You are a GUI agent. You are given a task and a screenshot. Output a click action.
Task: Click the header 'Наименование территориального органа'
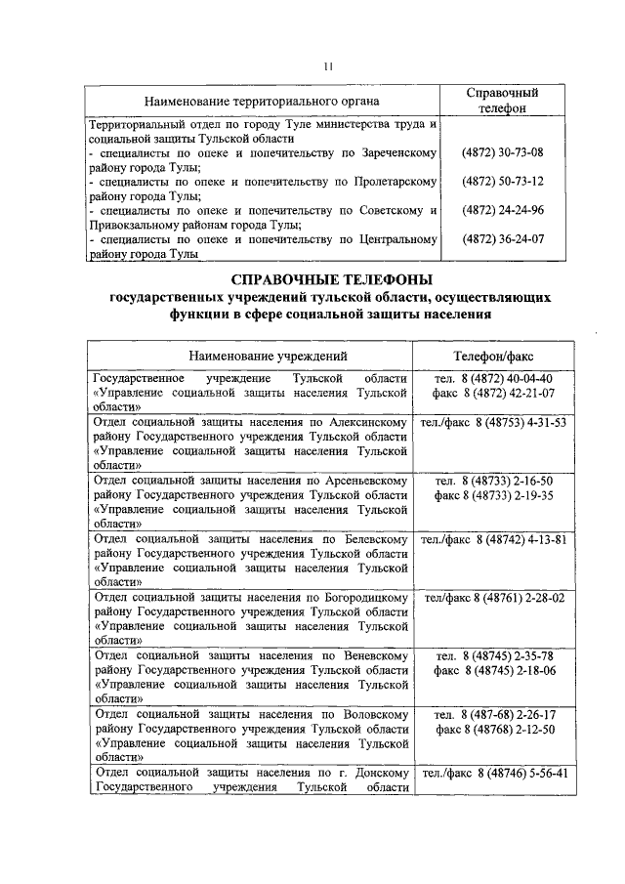pyautogui.click(x=262, y=101)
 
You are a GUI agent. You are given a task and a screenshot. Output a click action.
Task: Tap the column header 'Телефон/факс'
pyautogui.click(x=493, y=356)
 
